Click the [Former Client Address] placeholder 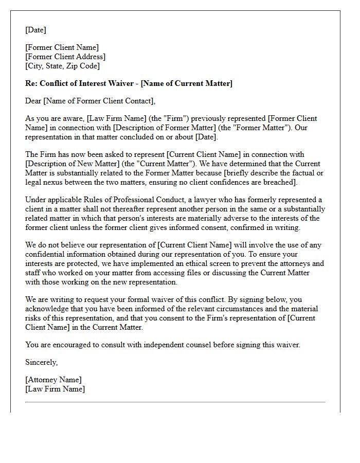(65, 57)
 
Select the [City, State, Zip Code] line (62, 66)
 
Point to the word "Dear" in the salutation (33, 101)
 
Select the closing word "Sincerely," (42, 362)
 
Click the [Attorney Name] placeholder (53, 380)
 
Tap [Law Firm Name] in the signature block (55, 389)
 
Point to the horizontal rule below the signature (175, 402)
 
